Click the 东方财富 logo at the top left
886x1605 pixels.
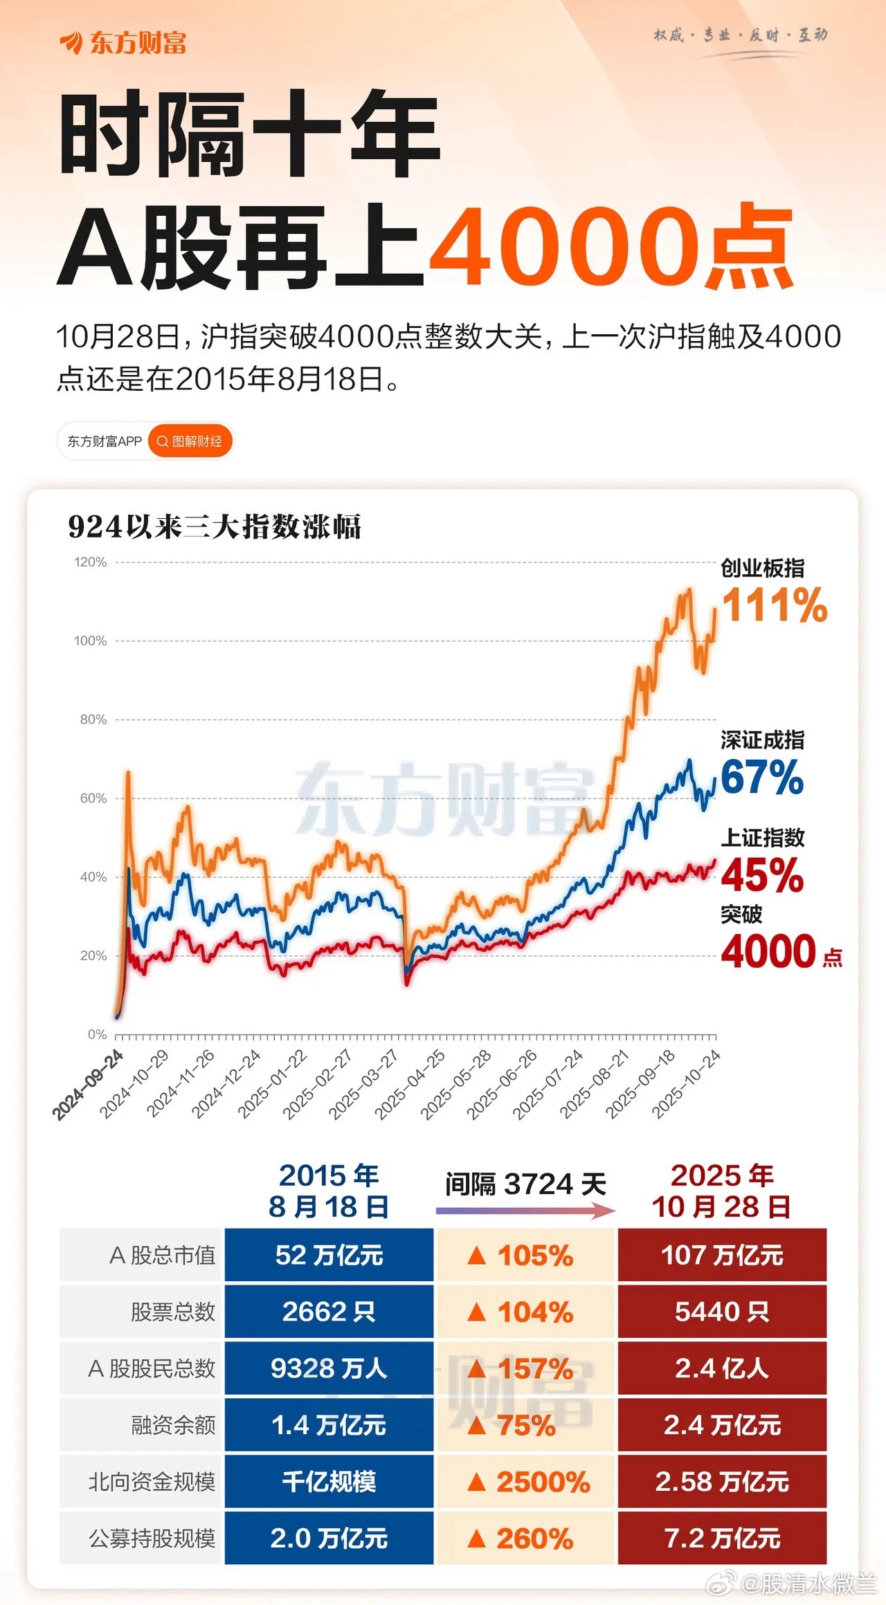pos(123,43)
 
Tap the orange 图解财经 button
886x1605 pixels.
pos(190,441)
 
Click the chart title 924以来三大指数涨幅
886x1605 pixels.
pos(215,527)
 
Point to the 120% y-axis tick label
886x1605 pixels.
pos(91,562)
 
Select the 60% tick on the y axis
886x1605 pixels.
pos(93,798)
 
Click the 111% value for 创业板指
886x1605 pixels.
pos(775,605)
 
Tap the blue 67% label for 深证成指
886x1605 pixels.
pos(762,777)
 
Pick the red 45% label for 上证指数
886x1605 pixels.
pos(762,875)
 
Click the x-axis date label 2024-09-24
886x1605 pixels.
pos(88,1085)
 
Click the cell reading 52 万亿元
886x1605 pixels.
pos(329,1255)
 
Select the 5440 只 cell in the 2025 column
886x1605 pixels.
pos(722,1312)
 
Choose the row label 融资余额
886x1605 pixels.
pos(173,1425)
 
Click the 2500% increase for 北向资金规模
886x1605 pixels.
pos(529,1482)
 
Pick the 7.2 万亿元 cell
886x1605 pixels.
pos(722,1539)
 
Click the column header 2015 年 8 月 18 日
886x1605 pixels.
pos(329,1191)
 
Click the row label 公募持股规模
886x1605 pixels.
pos(152,1539)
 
